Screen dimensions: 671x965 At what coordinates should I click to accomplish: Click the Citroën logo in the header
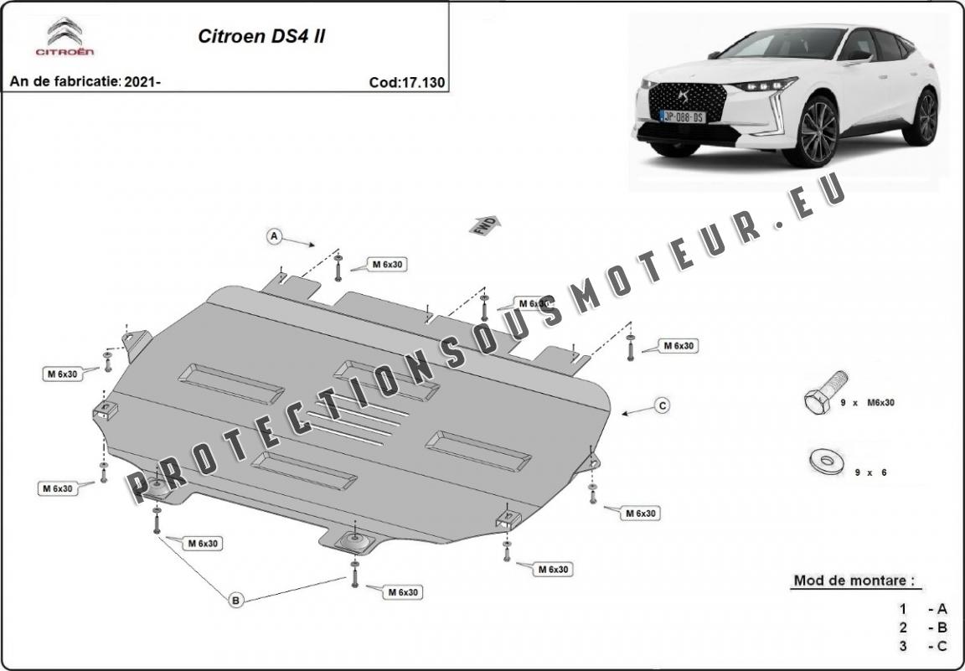(64, 39)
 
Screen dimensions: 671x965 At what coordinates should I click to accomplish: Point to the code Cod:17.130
(406, 82)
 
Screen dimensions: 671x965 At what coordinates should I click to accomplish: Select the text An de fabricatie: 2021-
(85, 82)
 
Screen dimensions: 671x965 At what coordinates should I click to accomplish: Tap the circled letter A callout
(273, 237)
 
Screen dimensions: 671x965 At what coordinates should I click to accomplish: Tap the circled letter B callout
(236, 599)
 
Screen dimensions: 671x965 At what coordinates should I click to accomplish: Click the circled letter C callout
(662, 405)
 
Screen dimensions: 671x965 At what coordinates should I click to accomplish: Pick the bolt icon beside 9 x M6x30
(818, 401)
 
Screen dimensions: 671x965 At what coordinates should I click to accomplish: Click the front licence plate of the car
(684, 116)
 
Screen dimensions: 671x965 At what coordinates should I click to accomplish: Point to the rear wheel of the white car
(925, 116)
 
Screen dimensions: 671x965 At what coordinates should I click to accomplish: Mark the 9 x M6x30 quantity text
(868, 403)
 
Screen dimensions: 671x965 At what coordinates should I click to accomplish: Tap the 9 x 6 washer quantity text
(870, 472)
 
